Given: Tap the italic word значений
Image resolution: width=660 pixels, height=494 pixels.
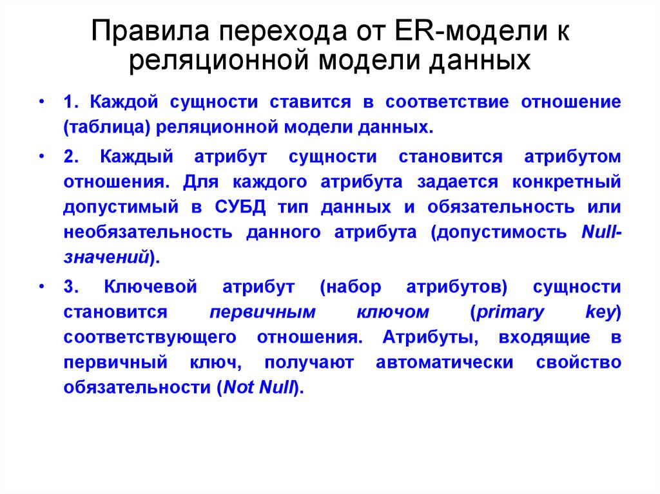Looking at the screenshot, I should [x=106, y=258].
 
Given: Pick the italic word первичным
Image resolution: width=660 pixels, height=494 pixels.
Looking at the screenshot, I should [x=263, y=312].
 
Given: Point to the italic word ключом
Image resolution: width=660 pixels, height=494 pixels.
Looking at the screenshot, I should [x=392, y=312].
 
